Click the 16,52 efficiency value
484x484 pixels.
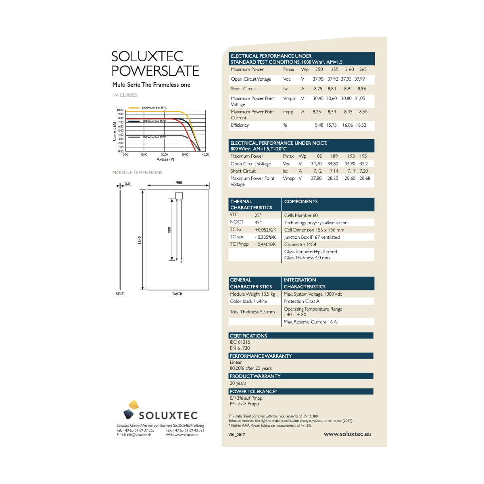pos(361,125)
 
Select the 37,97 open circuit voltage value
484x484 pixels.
pos(359,79)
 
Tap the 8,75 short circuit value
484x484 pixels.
pos(318,89)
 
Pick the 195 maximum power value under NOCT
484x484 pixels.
pos(363,156)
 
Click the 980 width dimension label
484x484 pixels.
pos(179,183)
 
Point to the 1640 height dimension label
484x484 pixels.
pos(140,240)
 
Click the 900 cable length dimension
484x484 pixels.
pos(169,230)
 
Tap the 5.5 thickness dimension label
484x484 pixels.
pos(127,184)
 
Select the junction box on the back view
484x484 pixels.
pos(179,196)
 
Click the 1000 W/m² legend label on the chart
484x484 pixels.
pos(154,108)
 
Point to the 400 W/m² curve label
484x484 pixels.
pos(154,138)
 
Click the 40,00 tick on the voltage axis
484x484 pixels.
pos(205,154)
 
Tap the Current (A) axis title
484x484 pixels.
pos(114,131)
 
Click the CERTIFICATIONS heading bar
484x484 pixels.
pos(301,336)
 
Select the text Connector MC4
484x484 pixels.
pos(300,244)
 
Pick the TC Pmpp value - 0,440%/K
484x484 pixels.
pos(265,244)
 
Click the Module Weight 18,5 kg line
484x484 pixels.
pos(252,294)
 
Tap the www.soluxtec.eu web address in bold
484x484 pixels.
pos(347,434)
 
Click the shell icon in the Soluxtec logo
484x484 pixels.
pos(131,410)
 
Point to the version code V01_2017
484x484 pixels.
pos(236,435)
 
